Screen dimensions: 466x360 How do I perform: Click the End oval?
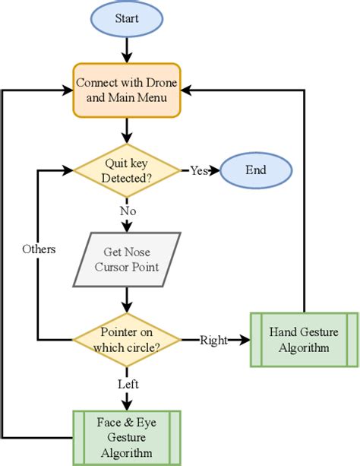click(257, 170)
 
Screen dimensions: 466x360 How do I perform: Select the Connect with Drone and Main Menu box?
click(127, 90)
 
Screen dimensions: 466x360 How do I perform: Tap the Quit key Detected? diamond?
click(127, 170)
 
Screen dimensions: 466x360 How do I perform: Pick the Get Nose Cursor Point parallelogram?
click(127, 259)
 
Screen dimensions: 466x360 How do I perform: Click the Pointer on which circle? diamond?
click(127, 339)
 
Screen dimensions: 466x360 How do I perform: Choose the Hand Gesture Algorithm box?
click(304, 339)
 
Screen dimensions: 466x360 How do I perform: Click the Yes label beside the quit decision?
click(198, 170)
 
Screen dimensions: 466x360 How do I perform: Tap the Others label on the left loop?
click(38, 249)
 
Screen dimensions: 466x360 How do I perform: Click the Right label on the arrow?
click(213, 340)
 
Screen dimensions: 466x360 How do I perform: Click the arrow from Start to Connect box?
click(127, 49)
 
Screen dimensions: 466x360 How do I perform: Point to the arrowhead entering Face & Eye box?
click(127, 404)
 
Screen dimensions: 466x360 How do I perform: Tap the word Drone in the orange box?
click(162, 82)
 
